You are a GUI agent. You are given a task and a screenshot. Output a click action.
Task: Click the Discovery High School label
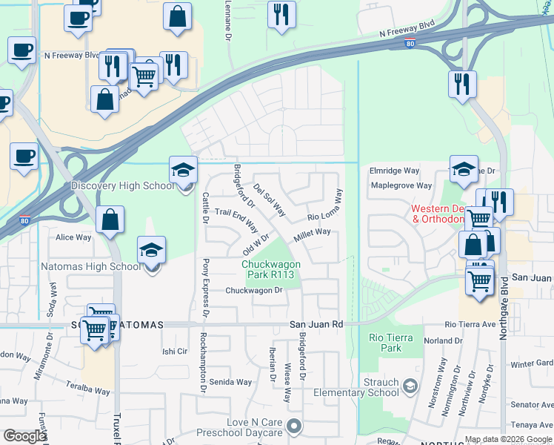(122, 185)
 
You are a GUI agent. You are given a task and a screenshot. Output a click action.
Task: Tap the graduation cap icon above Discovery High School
(183, 171)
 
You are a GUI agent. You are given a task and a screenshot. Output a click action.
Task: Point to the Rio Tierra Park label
(385, 342)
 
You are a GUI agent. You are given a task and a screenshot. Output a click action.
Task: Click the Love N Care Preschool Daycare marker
(295, 426)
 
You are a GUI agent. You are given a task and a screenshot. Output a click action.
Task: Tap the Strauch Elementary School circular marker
(410, 386)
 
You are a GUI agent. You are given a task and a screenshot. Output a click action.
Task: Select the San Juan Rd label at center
(316, 324)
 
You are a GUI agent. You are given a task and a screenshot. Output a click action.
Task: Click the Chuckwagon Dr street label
(254, 291)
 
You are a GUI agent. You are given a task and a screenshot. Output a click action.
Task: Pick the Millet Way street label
(312, 232)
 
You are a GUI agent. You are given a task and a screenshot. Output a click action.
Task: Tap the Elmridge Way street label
(394, 171)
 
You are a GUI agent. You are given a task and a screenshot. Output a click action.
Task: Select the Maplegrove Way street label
(401, 185)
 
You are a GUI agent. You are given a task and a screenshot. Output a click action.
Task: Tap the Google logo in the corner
(24, 435)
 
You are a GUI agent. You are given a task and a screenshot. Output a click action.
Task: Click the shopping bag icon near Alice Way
(110, 220)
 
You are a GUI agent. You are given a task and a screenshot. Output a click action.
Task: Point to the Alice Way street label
(74, 237)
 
